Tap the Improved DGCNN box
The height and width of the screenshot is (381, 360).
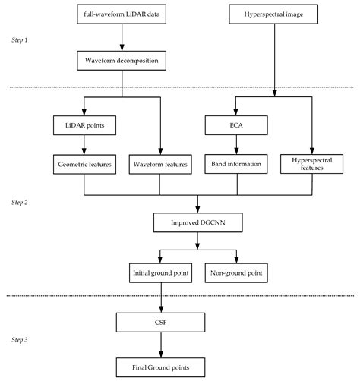point(197,223)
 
